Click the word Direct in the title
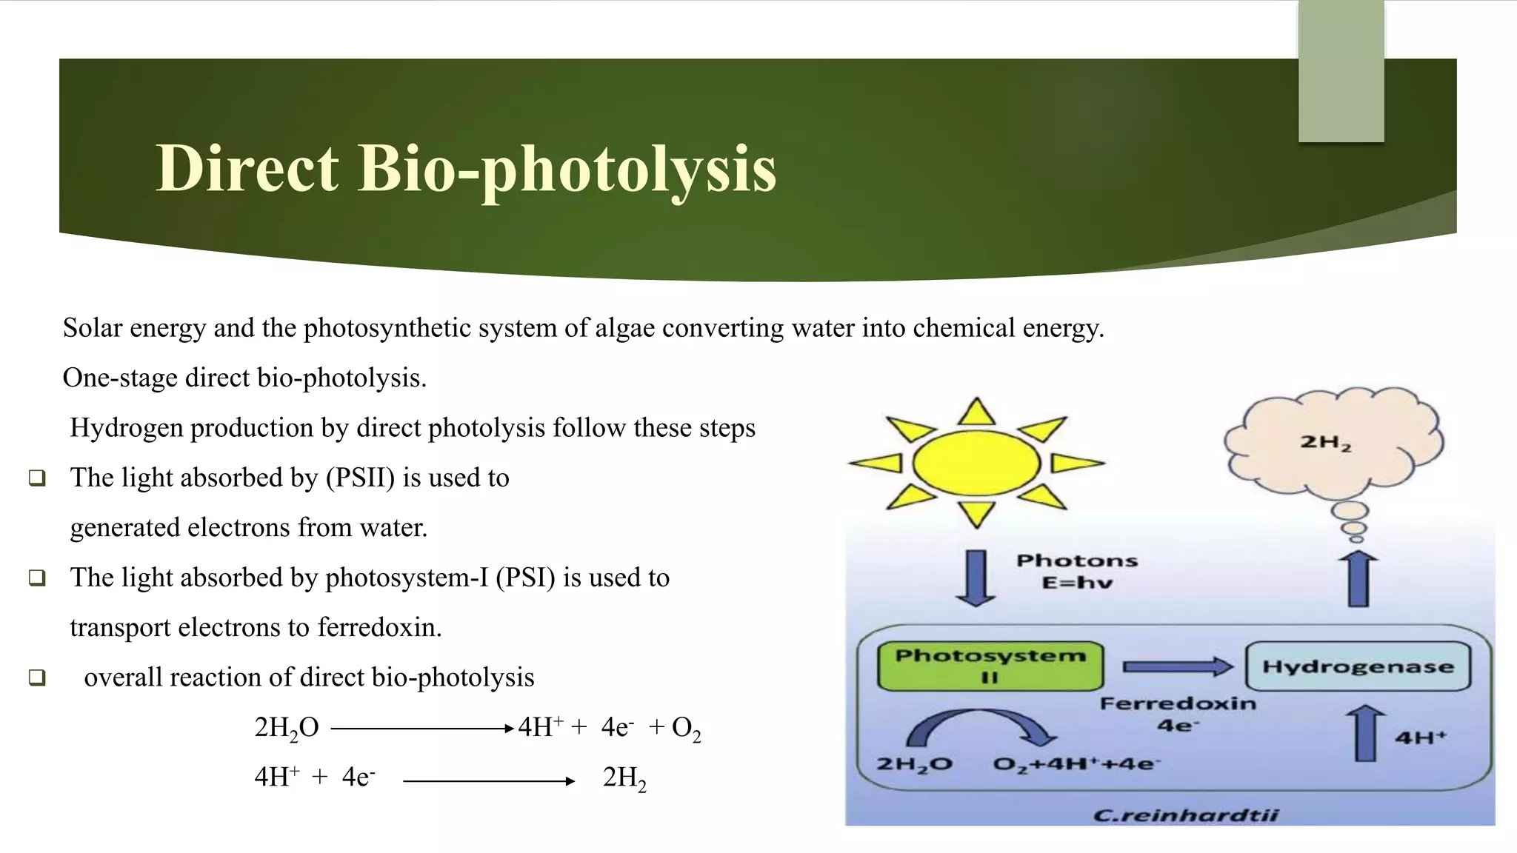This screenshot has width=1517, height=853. [x=247, y=168]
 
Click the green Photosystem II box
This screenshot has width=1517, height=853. [x=990, y=666]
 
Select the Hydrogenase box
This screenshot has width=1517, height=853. [x=1358, y=666]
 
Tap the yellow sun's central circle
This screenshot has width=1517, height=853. [x=976, y=464]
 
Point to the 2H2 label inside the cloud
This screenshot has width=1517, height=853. [x=1326, y=443]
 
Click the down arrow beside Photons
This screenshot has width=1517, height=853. [x=976, y=578]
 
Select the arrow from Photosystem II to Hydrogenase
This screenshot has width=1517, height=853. [x=1177, y=666]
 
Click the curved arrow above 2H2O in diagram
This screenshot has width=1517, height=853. [x=980, y=726]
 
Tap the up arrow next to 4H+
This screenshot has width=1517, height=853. [x=1364, y=733]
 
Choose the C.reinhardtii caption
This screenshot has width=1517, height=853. [x=1185, y=815]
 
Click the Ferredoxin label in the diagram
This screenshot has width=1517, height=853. [x=1178, y=703]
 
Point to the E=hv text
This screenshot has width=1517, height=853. [x=1077, y=583]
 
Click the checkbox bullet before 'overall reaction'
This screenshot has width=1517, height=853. [x=37, y=677]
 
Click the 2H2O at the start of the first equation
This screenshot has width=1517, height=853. [x=287, y=728]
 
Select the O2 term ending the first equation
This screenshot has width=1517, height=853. [x=686, y=728]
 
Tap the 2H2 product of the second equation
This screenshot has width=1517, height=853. [x=624, y=777]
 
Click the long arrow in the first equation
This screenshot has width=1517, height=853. [x=422, y=729]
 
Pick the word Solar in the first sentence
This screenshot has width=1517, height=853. [x=93, y=327]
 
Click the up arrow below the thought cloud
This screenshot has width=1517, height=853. [x=1358, y=579]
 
